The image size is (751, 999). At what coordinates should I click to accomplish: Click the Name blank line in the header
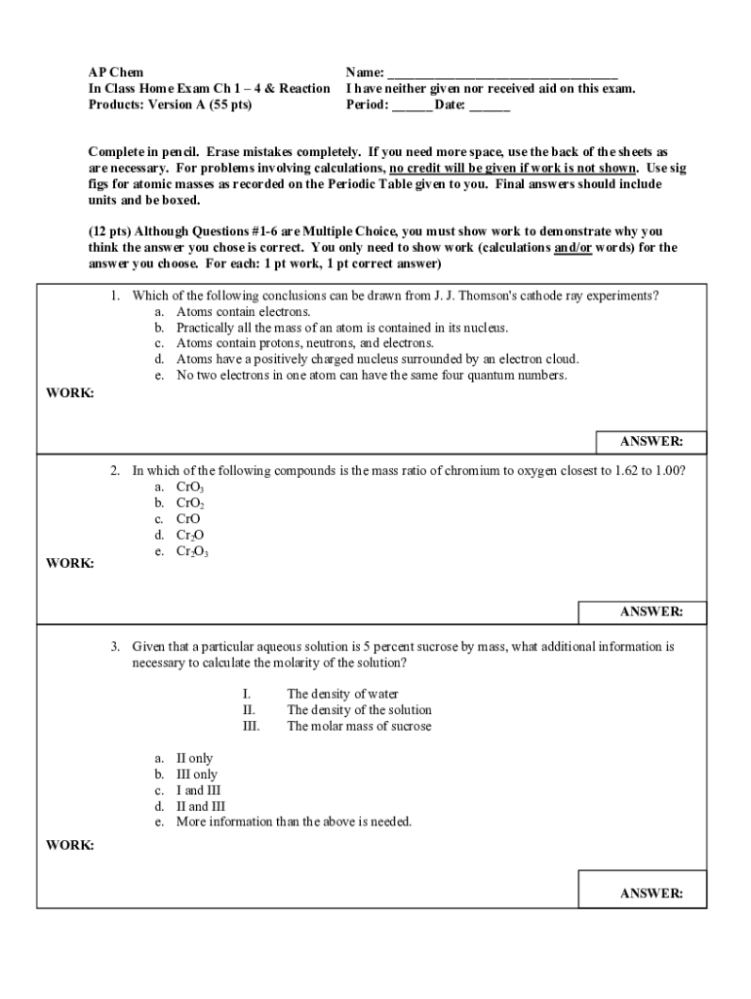[502, 73]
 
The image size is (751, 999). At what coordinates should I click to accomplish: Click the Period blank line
[411, 104]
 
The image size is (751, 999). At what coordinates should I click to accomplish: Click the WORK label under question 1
[70, 392]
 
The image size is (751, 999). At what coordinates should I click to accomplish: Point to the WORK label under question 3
[70, 845]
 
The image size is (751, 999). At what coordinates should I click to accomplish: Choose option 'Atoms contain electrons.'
[243, 311]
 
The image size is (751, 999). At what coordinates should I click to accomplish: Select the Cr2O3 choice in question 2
[192, 551]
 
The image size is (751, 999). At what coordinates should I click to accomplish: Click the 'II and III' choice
[200, 806]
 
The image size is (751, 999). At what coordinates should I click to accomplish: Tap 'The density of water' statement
[343, 695]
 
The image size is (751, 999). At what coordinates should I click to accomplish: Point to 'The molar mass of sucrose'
[359, 726]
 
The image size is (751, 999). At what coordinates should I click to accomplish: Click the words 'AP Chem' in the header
[115, 73]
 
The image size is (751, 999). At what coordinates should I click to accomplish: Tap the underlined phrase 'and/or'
[574, 248]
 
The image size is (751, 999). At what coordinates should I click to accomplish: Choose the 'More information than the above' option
[294, 821]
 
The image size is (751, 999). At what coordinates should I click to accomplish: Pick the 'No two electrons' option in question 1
[371, 375]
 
